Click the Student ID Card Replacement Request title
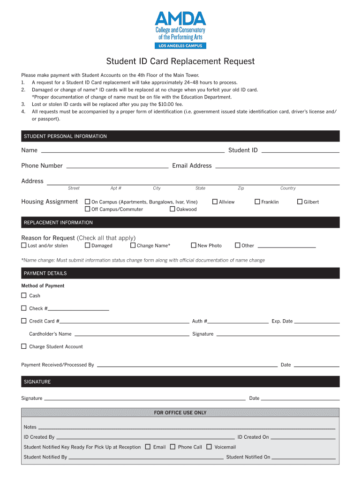tap(180, 61)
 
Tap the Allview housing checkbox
tap(215, 202)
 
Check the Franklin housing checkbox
tap(257, 202)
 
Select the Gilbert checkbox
tap(300, 202)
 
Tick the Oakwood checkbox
tap(173, 209)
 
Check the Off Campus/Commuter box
tap(87, 209)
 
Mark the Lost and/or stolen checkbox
tap(24, 245)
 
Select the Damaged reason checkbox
tap(87, 245)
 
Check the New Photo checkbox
tap(194, 245)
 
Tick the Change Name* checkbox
tap(133, 245)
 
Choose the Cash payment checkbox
tap(24, 295)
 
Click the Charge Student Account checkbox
tap(24, 346)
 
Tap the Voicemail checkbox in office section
tap(209, 447)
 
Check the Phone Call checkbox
tap(173, 447)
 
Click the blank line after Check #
tap(79, 309)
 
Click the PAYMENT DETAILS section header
tap(180, 273)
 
